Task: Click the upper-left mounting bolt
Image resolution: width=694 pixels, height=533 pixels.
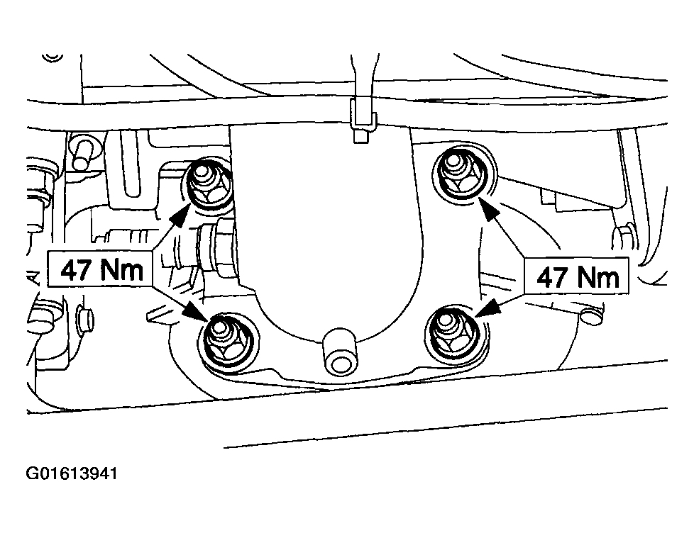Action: click(207, 184)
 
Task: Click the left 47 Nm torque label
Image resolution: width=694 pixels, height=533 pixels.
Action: click(101, 269)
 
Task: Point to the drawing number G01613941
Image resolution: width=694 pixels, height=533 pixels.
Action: click(72, 473)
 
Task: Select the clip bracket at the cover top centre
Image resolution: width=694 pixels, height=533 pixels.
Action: click(363, 120)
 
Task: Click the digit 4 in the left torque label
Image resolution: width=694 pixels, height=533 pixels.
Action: click(70, 269)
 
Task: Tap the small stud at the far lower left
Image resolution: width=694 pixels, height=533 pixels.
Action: click(84, 319)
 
